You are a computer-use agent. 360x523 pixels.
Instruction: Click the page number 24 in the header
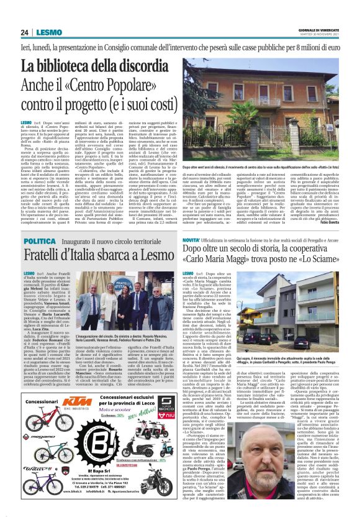click(25, 32)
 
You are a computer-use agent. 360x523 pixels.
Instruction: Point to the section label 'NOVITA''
click(193, 222)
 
